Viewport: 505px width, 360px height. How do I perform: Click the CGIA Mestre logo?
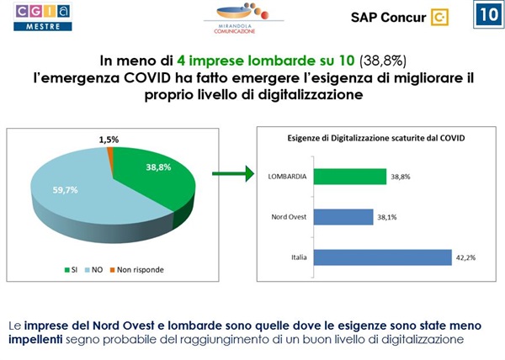(x=43, y=16)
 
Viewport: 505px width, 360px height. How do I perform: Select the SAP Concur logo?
(x=399, y=17)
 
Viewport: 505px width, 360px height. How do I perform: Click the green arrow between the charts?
(x=232, y=175)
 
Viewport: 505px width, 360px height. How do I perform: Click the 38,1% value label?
(x=399, y=217)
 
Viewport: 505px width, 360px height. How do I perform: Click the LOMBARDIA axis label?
(x=286, y=177)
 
